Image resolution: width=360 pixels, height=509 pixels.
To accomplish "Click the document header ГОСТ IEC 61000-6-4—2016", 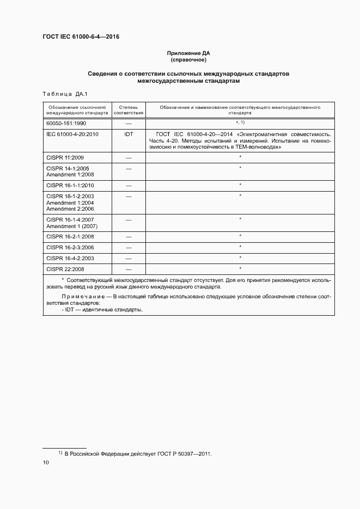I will [x=81, y=37].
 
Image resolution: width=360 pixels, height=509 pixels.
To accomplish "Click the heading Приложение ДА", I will [x=188, y=53].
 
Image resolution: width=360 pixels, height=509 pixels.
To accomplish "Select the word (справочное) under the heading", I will [x=188, y=60].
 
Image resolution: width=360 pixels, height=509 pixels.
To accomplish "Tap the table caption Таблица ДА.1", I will [x=61, y=94].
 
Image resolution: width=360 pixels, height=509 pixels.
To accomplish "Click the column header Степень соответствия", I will [x=129, y=111].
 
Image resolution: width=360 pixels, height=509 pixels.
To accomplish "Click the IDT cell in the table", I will [x=129, y=134].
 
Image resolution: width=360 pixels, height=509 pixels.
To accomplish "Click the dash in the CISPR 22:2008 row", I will [x=129, y=269].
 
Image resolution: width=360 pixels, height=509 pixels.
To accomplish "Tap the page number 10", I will [x=46, y=463].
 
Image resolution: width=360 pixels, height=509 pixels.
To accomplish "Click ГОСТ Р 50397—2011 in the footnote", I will [x=184, y=453].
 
